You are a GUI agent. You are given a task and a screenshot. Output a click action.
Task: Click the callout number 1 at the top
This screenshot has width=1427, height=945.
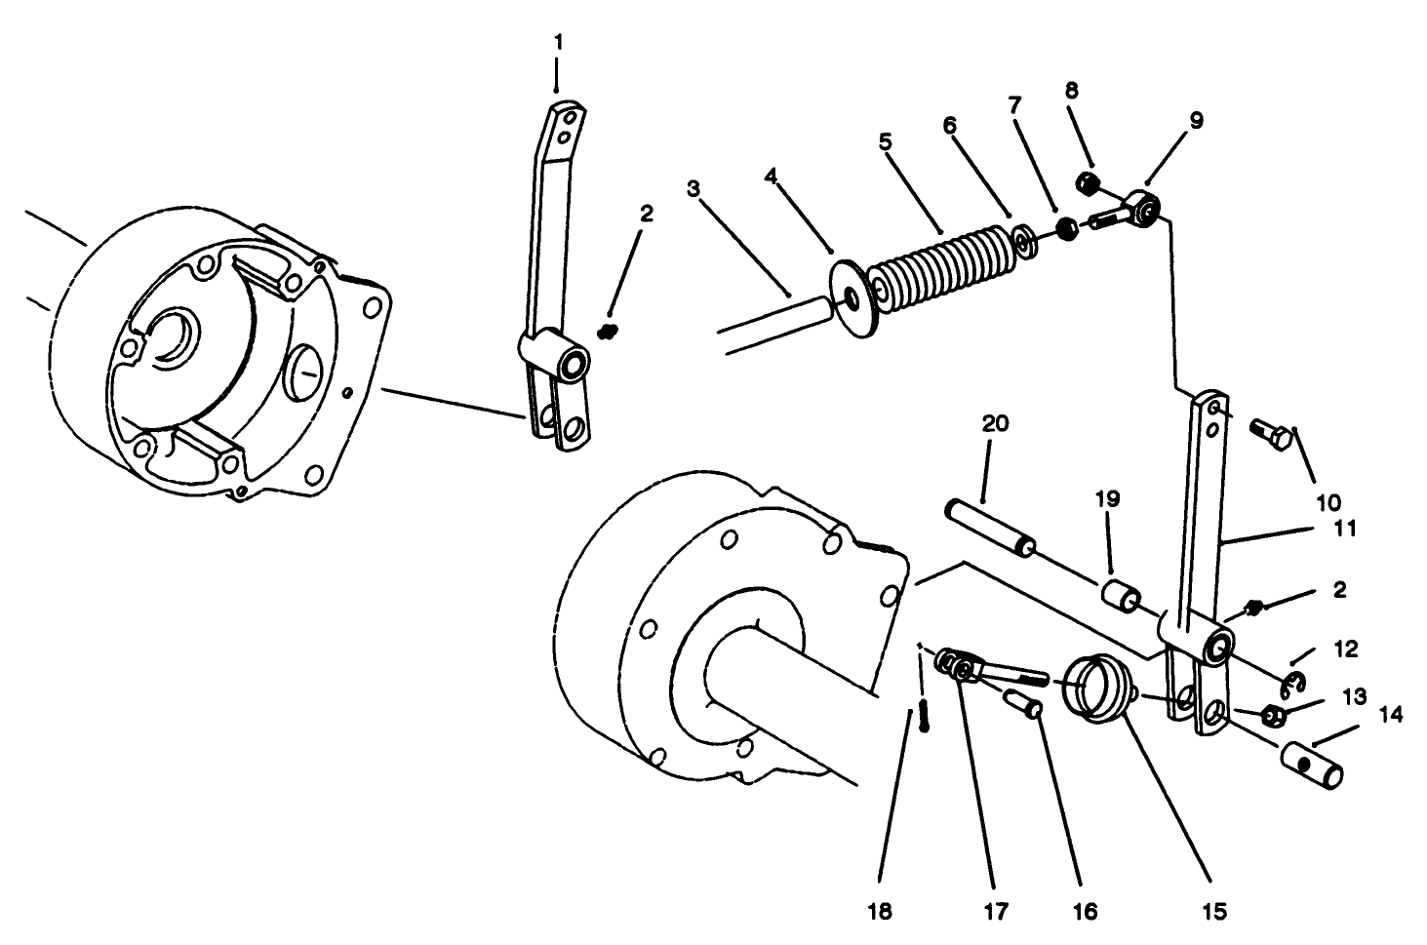pyautogui.click(x=557, y=42)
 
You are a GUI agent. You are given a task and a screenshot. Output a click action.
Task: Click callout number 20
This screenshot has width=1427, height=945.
pyautogui.click(x=996, y=424)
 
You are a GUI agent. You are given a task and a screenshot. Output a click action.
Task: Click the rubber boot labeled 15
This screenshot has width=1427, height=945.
pyautogui.click(x=1097, y=689)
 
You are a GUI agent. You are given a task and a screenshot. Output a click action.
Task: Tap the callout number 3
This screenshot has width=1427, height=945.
pyautogui.click(x=694, y=188)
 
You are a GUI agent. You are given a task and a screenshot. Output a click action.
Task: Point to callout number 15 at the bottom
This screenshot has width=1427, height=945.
pyautogui.click(x=1214, y=912)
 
